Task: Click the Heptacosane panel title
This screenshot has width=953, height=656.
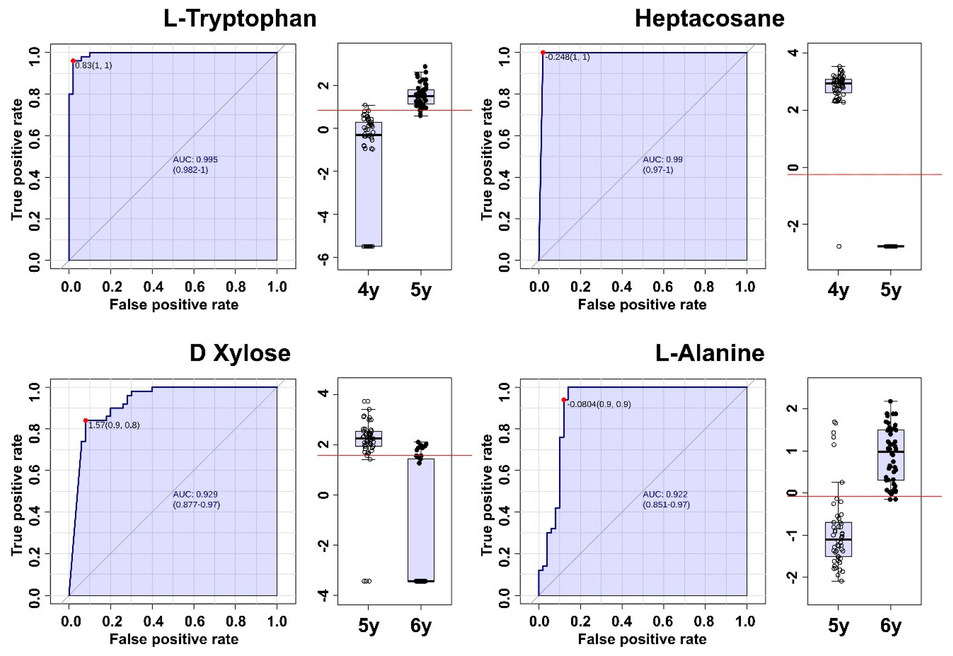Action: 709,19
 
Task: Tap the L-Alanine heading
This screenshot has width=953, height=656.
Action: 709,354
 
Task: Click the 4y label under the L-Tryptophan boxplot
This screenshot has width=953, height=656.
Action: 368,291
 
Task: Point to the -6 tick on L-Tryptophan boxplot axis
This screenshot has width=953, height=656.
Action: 324,257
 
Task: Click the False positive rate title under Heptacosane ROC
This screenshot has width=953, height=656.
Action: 642,305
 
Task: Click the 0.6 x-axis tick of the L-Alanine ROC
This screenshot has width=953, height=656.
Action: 663,621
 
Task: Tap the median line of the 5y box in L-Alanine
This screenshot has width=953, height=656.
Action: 838,539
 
